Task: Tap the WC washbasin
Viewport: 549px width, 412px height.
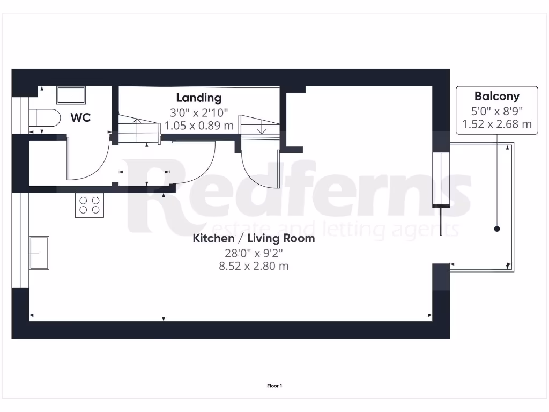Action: pos(71,95)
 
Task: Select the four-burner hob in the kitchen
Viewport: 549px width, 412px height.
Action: pos(90,205)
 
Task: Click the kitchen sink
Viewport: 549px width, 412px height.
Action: pos(39,253)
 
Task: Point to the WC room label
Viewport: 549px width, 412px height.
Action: pos(80,117)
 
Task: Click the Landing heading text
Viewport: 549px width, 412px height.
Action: pos(199,98)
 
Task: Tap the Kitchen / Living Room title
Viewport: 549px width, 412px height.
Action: pos(254,238)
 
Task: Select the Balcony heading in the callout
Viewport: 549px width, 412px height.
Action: pos(497,97)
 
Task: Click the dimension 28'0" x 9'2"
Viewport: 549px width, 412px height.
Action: pos(254,252)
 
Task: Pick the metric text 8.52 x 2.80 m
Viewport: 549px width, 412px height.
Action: pos(254,266)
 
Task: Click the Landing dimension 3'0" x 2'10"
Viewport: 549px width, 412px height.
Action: pos(199,113)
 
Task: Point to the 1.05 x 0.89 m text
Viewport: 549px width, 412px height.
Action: pos(199,126)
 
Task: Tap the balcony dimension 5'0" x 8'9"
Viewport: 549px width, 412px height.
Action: pos(497,111)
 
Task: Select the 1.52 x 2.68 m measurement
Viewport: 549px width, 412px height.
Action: pos(497,124)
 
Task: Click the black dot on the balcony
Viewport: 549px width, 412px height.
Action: pos(497,229)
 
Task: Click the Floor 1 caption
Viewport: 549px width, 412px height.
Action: pos(274,386)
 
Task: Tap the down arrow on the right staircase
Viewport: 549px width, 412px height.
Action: pos(262,129)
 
